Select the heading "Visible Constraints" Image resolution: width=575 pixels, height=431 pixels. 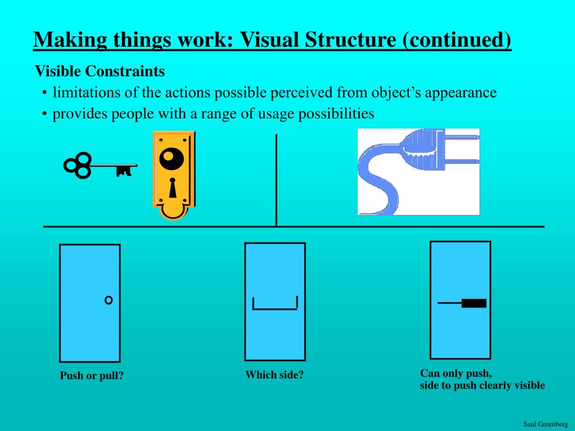pyautogui.click(x=100, y=71)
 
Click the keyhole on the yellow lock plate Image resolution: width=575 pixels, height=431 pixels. pyautogui.click(x=172, y=189)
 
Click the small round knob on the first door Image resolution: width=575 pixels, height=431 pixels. pyautogui.click(x=108, y=300)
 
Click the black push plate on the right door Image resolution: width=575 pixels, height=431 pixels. pyautogui.click(x=474, y=304)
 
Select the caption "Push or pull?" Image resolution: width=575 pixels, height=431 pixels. pyautogui.click(x=92, y=376)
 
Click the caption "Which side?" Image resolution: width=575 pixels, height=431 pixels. pyautogui.click(x=274, y=375)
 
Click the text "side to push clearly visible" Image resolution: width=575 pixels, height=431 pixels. pyautogui.click(x=482, y=386)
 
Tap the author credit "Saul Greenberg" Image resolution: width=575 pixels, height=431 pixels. pyautogui.click(x=545, y=424)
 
